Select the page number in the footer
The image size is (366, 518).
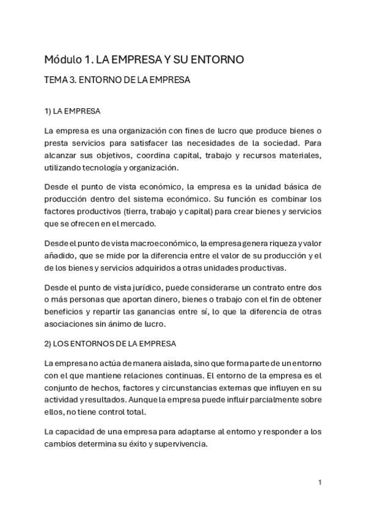point(320,483)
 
